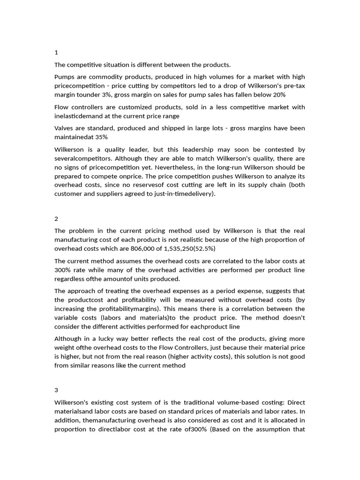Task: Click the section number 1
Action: (x=56, y=52)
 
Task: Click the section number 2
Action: (x=56, y=218)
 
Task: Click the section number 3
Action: (x=56, y=390)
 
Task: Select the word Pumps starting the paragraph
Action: (x=65, y=77)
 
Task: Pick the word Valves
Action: (x=64, y=128)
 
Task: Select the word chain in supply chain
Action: (x=270, y=185)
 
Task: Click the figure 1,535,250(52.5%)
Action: (x=187, y=248)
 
